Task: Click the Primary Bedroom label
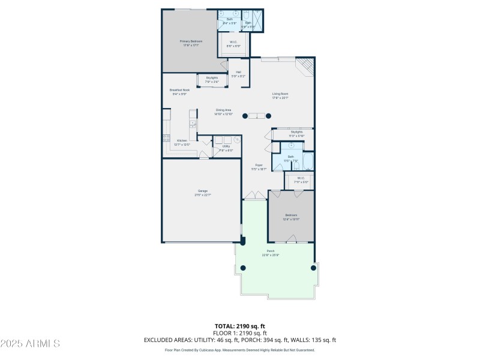[x=191, y=41]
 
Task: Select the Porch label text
[x=270, y=251]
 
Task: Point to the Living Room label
[x=280, y=94]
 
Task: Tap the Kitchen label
[x=182, y=140]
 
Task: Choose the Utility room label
[x=226, y=146]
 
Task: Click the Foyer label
[x=259, y=165]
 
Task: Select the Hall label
[x=238, y=72]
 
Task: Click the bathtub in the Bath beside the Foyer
[x=307, y=161]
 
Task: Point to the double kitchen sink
[x=193, y=124]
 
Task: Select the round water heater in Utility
[x=236, y=140]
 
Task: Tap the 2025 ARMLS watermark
[x=30, y=344]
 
